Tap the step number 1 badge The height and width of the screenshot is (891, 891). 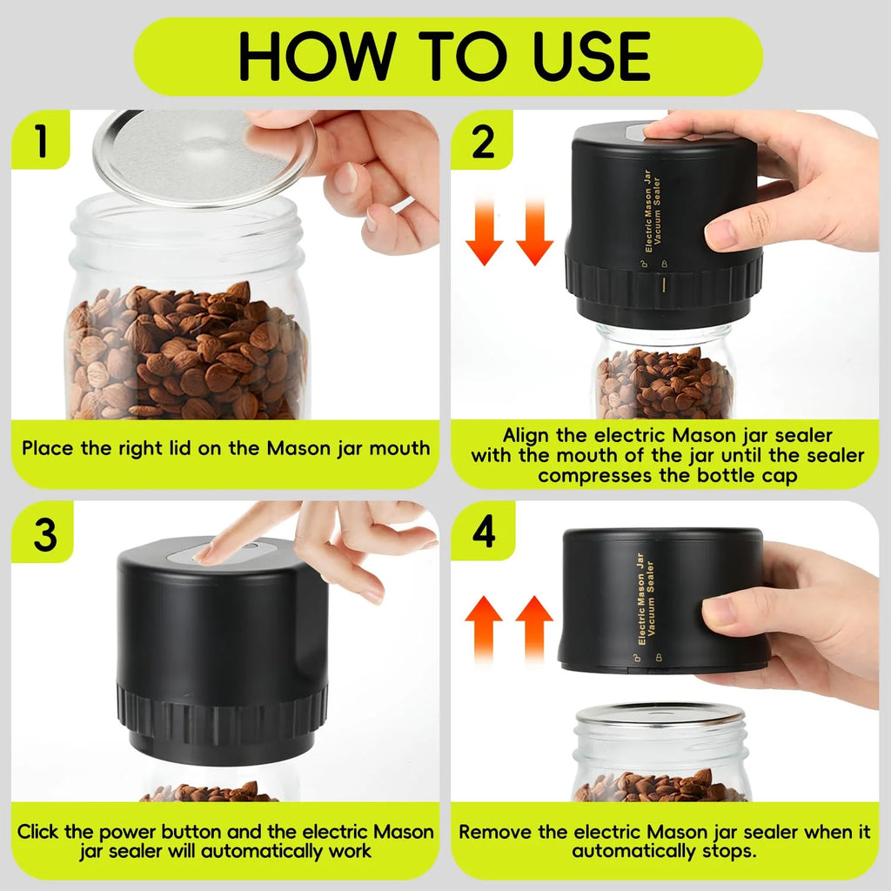[x=41, y=142]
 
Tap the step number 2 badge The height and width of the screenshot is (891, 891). [x=483, y=142]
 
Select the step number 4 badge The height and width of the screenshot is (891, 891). [x=483, y=532]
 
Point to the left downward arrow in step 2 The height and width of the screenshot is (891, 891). [x=485, y=231]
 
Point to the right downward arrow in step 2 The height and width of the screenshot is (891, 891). [x=534, y=231]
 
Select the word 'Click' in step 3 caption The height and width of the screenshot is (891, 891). [x=41, y=832]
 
